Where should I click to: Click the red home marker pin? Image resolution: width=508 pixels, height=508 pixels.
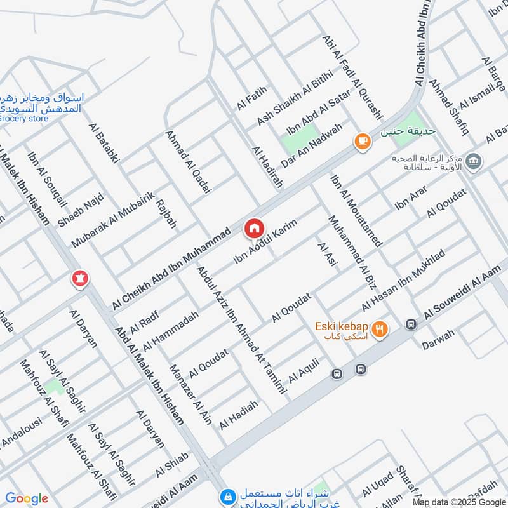pyautogui.click(x=254, y=227)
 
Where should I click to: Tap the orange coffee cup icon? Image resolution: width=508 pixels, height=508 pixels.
pyautogui.click(x=363, y=142)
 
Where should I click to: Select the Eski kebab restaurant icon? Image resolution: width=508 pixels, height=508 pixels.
pyautogui.click(x=380, y=328)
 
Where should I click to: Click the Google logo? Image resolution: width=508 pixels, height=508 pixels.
pyautogui.click(x=27, y=498)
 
